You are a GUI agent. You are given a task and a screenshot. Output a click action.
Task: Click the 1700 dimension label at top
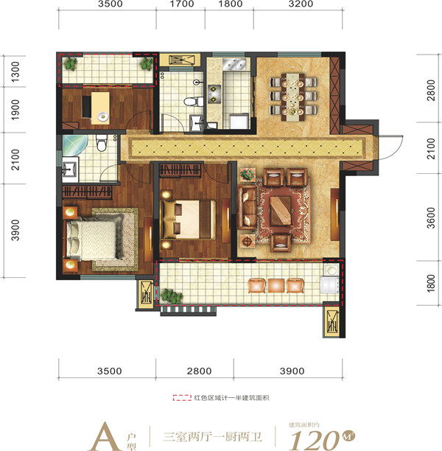click(x=182, y=4)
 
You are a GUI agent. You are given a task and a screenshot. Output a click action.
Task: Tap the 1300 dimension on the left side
click(x=15, y=71)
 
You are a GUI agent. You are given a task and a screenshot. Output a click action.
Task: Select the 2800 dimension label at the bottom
click(x=199, y=371)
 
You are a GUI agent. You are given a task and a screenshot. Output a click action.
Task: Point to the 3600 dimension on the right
click(x=431, y=217)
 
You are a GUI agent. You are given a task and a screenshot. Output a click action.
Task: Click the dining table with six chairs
click(x=292, y=97)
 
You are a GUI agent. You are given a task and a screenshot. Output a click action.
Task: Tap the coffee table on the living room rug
click(x=281, y=211)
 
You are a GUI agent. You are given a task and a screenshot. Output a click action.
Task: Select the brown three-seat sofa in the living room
click(x=246, y=207)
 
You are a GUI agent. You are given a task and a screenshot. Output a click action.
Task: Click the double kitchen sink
click(x=234, y=64)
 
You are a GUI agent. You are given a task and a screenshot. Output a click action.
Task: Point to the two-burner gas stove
click(x=214, y=94)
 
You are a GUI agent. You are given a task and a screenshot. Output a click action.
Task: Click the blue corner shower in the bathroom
click(x=74, y=144)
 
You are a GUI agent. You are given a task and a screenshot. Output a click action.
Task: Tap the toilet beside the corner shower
click(x=101, y=143)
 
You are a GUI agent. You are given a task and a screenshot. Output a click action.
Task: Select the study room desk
click(x=100, y=108)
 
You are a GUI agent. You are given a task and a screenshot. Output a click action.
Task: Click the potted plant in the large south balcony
click(x=172, y=296)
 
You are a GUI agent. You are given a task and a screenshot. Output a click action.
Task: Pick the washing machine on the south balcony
click(x=330, y=285)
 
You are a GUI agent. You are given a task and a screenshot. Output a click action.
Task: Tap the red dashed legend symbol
click(x=182, y=398)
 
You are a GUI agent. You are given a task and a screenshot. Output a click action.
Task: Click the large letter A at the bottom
click(x=105, y=436)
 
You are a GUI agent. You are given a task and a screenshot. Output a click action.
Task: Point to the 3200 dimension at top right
click(x=301, y=4)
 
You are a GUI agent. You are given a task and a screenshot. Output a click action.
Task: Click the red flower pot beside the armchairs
click(x=248, y=175)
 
